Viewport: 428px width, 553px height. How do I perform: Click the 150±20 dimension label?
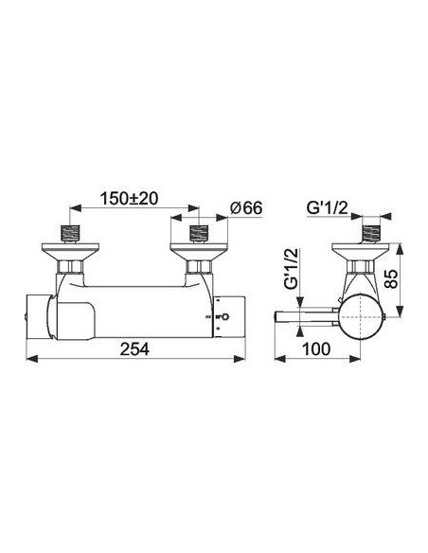[130, 199]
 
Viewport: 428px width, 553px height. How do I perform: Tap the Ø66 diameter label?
[246, 208]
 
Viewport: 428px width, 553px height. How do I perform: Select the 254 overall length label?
[134, 349]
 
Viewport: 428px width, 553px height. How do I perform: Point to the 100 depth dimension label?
[316, 349]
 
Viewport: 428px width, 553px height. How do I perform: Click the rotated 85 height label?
[391, 279]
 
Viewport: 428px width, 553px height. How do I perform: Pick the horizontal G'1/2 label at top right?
[328, 208]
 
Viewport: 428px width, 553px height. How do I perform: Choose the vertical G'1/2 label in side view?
[292, 269]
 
